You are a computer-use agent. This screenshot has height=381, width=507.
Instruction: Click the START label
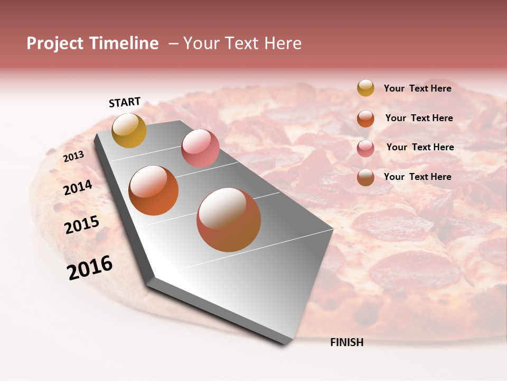click(x=125, y=102)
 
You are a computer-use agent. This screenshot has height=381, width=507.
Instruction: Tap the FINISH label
click(x=346, y=342)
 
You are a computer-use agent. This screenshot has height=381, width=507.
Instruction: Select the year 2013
click(x=73, y=157)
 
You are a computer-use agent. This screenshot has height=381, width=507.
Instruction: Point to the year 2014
click(x=78, y=187)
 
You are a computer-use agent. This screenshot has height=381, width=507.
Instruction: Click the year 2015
click(x=82, y=225)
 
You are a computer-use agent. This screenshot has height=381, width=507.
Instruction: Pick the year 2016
click(x=90, y=268)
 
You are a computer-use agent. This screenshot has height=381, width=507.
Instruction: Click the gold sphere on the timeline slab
click(x=129, y=130)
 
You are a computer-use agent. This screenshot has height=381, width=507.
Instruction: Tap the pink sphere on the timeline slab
click(x=200, y=148)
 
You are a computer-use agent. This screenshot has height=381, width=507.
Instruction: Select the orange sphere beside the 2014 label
click(x=154, y=190)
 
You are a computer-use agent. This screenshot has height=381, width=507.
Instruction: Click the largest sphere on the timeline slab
click(x=229, y=220)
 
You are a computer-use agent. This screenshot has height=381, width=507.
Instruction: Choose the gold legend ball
click(x=365, y=88)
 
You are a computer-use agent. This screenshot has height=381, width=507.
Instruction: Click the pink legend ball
click(x=365, y=148)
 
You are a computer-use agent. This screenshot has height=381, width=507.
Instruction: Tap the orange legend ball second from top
click(x=365, y=119)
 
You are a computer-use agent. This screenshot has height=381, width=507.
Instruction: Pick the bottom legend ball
click(x=365, y=177)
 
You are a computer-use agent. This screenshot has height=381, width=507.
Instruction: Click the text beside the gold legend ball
click(x=417, y=88)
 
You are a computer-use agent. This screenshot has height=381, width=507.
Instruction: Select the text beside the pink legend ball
click(x=420, y=147)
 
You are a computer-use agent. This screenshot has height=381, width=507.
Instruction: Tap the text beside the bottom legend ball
click(x=417, y=177)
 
